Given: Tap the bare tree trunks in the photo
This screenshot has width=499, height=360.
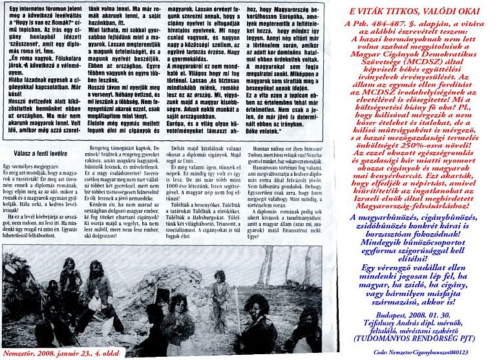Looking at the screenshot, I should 271,284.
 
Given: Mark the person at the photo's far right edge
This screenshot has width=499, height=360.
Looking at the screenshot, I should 320,323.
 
